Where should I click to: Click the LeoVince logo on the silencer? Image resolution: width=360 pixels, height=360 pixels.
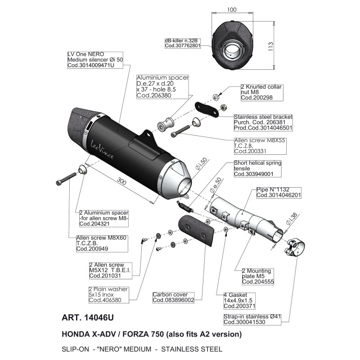click(102, 149)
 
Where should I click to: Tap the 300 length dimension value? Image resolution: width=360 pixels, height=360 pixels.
click(121, 182)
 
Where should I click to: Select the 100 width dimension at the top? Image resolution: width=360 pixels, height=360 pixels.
click(232, 9)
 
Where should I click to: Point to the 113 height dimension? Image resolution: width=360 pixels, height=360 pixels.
click(270, 46)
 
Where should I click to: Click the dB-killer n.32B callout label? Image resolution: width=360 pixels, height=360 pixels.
click(183, 43)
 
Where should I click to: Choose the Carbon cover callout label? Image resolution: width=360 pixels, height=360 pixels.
click(173, 297)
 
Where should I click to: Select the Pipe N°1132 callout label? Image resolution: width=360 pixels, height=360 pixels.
click(279, 193)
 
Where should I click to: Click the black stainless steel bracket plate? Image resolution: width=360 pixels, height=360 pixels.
click(207, 109)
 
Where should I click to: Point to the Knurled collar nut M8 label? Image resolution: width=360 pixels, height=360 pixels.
click(262, 92)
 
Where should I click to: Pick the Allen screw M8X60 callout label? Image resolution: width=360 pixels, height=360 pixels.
click(102, 243)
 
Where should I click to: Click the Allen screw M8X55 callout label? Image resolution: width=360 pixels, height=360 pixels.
click(260, 146)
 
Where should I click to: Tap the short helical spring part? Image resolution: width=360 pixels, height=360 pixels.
click(185, 206)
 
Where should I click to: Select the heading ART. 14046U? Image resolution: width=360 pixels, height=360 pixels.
click(88, 318)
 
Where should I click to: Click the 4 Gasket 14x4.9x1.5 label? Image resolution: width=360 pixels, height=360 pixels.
click(239, 301)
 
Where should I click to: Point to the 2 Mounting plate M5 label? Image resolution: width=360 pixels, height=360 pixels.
click(258, 276)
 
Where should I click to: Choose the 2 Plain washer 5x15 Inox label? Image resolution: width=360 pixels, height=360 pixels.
click(108, 295)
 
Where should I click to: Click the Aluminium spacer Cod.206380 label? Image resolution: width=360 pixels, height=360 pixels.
click(162, 86)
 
